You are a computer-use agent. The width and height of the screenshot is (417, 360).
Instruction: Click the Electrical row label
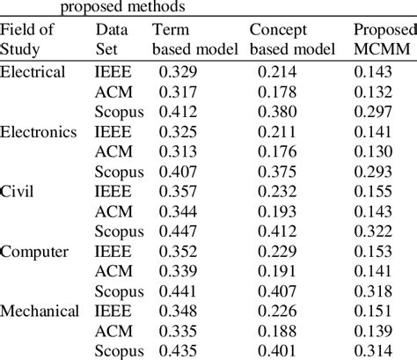(33, 71)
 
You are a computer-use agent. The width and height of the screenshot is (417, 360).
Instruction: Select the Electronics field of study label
(39, 132)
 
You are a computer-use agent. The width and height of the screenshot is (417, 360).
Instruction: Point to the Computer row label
(34, 252)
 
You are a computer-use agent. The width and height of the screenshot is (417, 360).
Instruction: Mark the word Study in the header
(20, 49)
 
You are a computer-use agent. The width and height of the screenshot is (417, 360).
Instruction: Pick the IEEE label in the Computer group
(112, 252)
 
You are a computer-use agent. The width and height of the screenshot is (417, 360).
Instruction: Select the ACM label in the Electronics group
(113, 151)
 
